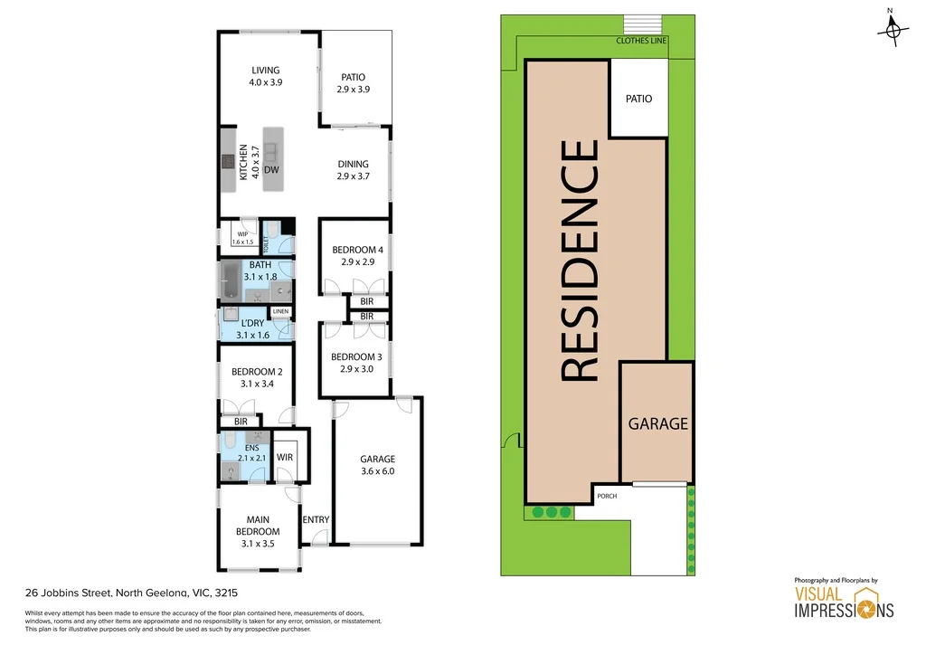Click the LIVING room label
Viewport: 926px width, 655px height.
[266, 70]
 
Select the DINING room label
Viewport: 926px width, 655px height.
[353, 164]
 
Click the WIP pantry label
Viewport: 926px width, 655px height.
[241, 233]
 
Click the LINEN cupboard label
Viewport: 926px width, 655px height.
[280, 311]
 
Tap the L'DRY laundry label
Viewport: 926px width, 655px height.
[253, 322]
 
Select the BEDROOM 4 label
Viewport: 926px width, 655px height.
[353, 250]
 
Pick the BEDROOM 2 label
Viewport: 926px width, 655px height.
[257, 372]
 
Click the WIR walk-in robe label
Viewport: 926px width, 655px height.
[285, 457]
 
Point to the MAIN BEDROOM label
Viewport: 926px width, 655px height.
[258, 526]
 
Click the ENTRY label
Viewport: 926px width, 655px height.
[316, 519]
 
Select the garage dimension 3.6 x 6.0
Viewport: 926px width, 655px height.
[377, 470]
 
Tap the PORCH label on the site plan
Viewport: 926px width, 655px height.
[605, 496]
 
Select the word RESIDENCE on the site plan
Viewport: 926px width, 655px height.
[579, 261]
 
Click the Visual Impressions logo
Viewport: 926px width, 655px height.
[844, 601]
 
